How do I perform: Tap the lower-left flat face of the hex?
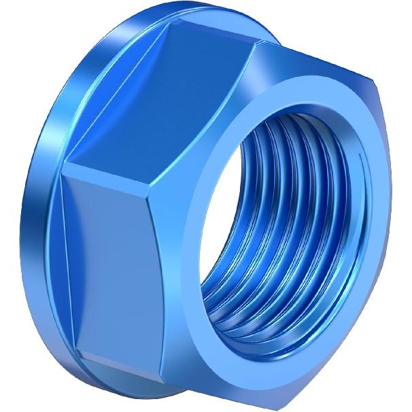[116, 265]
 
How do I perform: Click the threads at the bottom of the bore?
[272, 320]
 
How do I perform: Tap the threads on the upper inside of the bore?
[299, 136]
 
